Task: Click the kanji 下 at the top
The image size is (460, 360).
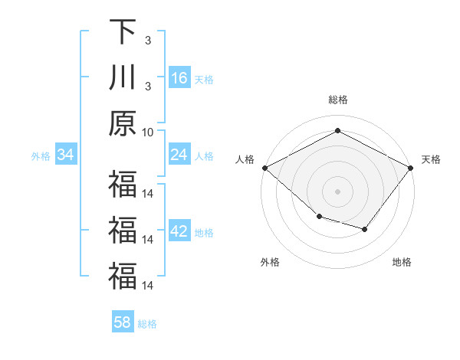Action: (x=122, y=33)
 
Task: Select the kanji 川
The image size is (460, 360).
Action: (x=122, y=78)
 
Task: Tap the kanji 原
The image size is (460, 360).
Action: (x=122, y=123)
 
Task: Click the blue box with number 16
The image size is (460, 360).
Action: (x=179, y=78)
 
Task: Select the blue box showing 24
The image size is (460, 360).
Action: (x=179, y=155)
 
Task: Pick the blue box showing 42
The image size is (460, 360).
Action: (x=179, y=232)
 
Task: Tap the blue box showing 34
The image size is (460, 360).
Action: (x=66, y=155)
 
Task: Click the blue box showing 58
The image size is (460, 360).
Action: (x=123, y=322)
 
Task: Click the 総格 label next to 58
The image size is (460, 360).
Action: (x=147, y=324)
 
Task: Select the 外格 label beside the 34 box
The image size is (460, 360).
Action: (x=41, y=156)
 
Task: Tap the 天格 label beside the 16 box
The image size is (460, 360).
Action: (x=204, y=80)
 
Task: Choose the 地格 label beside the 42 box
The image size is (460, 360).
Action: (x=204, y=233)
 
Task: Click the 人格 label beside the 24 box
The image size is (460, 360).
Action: (x=204, y=156)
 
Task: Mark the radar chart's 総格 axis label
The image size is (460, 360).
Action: (x=337, y=100)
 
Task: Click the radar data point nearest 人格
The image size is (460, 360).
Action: (x=264, y=168)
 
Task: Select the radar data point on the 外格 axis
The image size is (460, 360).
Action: (x=319, y=218)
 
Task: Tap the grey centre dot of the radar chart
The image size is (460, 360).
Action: (x=337, y=191)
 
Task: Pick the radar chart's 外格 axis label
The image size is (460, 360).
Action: (x=270, y=262)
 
